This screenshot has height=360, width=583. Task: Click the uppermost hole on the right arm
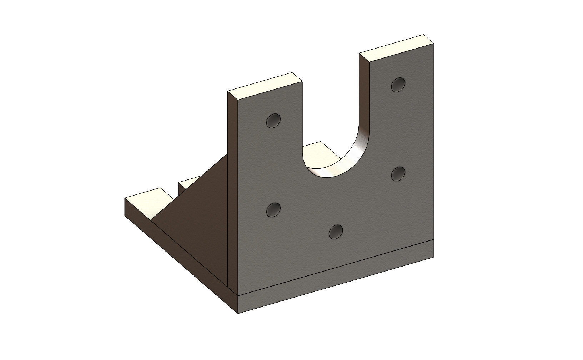tap(398, 85)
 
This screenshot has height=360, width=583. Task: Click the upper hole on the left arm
tap(273, 121)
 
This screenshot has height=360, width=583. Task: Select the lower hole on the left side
tap(273, 209)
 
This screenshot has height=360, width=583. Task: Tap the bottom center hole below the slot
tap(335, 232)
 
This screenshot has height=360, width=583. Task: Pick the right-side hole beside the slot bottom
tap(398, 173)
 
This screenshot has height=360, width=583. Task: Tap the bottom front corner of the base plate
tap(238, 313)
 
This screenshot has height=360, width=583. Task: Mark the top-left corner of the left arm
tap(228, 92)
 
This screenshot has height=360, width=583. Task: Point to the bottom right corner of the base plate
tap(434, 257)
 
